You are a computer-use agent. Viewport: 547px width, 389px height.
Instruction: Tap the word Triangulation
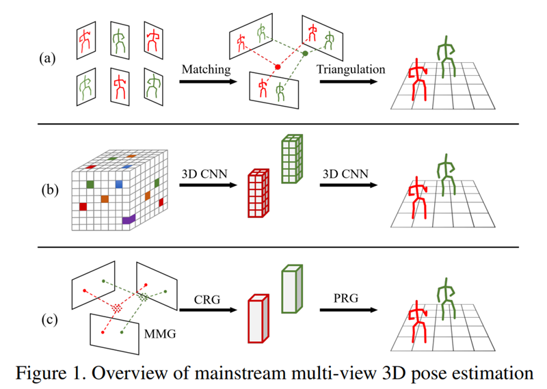pos(351,69)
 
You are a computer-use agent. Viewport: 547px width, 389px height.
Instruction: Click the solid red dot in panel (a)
pos(278,67)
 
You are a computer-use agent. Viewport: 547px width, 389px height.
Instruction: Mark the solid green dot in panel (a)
pos(305,52)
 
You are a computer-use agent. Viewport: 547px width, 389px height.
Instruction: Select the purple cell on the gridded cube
pos(129,219)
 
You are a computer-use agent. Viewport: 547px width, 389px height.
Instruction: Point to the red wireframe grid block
pos(258,193)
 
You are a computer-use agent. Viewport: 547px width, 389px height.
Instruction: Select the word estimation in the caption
pos(493,373)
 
